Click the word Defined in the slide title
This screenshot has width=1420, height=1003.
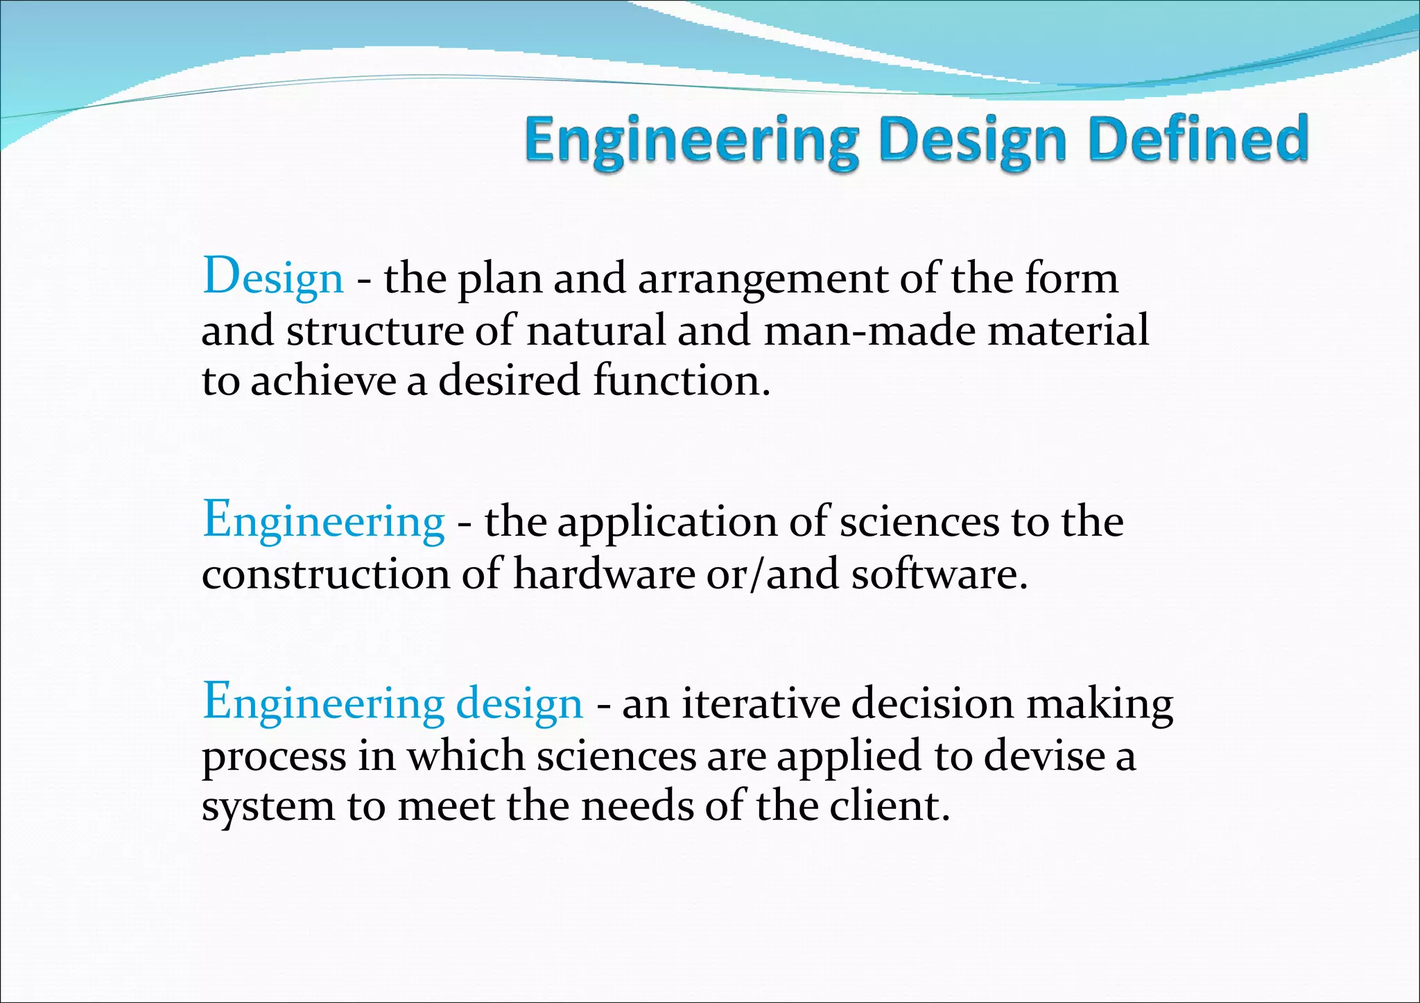click(1197, 139)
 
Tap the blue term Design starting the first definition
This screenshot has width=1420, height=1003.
click(272, 277)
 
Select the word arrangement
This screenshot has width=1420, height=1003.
click(762, 280)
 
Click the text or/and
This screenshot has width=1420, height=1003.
click(772, 575)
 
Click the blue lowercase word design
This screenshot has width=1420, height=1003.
click(519, 704)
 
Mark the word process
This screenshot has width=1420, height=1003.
click(273, 757)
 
